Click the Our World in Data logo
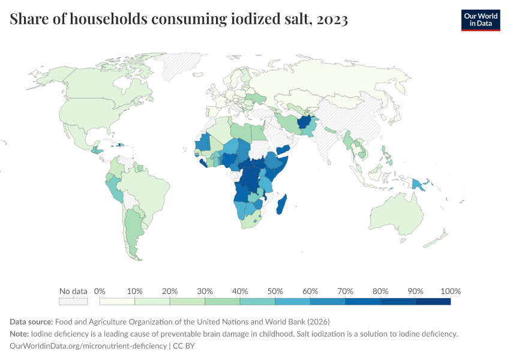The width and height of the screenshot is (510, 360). [x=480, y=19]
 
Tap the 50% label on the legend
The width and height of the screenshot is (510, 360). [x=275, y=291]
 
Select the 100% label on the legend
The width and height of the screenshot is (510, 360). [x=450, y=291]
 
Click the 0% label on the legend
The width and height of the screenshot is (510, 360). [x=100, y=291]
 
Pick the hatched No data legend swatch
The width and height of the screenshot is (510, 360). [x=73, y=301]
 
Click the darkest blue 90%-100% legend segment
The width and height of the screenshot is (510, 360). [x=433, y=301]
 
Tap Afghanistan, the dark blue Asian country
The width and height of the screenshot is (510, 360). [x=306, y=124]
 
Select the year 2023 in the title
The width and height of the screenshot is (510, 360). [x=330, y=19]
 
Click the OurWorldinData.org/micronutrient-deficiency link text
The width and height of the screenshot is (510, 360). [x=88, y=346]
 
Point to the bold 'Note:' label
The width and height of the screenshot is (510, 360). [x=20, y=334]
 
